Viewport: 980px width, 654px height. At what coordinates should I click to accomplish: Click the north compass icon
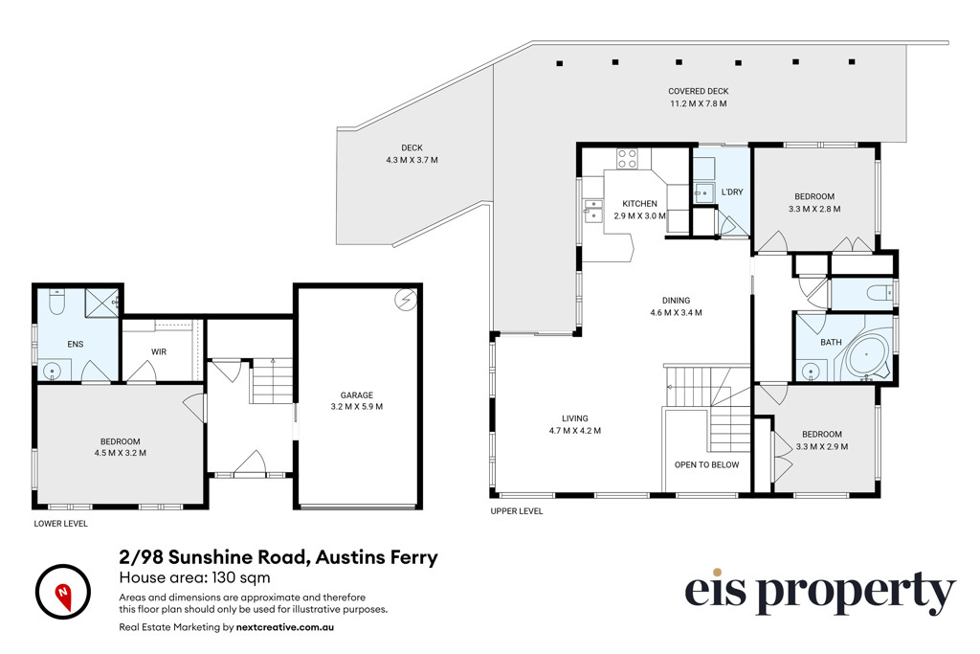63,592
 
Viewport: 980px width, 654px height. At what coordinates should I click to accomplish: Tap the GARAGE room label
357,395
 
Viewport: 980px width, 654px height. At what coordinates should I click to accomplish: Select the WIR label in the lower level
159,352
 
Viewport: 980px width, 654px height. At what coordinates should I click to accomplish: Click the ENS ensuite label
76,344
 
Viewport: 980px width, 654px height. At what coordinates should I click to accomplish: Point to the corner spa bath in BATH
867,355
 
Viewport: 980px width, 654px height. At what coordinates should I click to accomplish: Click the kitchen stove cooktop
628,159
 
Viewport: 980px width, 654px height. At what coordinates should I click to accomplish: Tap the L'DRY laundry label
732,192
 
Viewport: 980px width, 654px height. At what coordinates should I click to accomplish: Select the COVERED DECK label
698,91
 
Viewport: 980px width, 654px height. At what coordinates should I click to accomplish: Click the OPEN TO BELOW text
706,464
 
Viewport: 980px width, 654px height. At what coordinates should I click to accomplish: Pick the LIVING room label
574,418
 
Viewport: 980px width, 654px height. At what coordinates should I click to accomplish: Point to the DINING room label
677,300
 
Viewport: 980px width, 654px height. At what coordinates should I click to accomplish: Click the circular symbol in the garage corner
405,301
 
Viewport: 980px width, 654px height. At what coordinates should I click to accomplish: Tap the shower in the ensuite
101,304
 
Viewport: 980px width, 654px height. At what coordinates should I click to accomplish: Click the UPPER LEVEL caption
516,510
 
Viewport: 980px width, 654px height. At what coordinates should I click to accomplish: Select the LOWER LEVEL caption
60,524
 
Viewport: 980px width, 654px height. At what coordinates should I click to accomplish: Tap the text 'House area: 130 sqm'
195,577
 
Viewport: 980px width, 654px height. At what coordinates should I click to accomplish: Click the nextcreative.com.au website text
285,626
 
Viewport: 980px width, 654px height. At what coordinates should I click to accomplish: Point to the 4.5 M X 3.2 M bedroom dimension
120,453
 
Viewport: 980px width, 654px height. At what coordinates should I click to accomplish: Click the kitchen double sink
593,211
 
